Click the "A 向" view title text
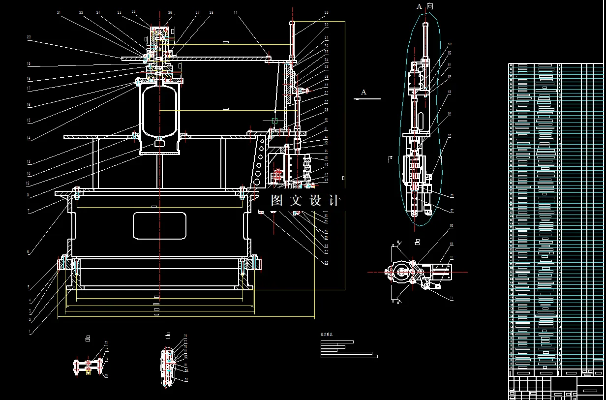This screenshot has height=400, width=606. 425,6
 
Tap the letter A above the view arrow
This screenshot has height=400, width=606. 364,92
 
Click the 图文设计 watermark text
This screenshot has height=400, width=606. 305,201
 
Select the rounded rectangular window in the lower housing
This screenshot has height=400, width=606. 159,226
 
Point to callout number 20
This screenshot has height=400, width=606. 29,37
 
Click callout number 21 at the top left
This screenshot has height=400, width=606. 59,13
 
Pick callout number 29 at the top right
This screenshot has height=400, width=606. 326,13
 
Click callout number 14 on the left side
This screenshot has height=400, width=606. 29,138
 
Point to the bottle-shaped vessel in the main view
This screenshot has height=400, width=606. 159,111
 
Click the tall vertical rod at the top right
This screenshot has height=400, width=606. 293,39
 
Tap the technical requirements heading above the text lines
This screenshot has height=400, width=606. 327,335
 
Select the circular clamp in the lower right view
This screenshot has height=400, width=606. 399,272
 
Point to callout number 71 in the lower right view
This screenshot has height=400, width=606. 451,298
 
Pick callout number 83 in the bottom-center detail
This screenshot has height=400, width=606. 186,379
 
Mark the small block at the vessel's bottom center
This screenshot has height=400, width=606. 159,143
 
